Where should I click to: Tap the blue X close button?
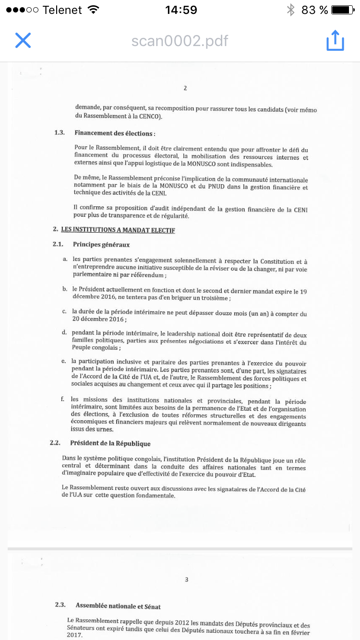(23, 40)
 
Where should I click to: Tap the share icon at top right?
(335, 40)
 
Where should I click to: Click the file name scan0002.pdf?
(180, 41)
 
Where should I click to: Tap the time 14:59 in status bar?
(180, 10)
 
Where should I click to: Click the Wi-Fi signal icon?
(94, 10)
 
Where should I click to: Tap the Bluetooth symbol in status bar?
(290, 10)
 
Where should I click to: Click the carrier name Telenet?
(62, 10)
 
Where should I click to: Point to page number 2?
(185, 88)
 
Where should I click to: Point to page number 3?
(187, 580)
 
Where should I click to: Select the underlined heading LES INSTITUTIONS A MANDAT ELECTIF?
(118, 230)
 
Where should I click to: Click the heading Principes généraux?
(101, 245)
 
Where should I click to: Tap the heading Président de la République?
(110, 443)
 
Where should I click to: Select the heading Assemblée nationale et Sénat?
(118, 606)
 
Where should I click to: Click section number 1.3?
(60, 133)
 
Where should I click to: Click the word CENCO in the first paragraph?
(151, 117)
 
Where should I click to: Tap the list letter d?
(64, 332)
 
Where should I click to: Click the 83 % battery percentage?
(314, 10)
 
